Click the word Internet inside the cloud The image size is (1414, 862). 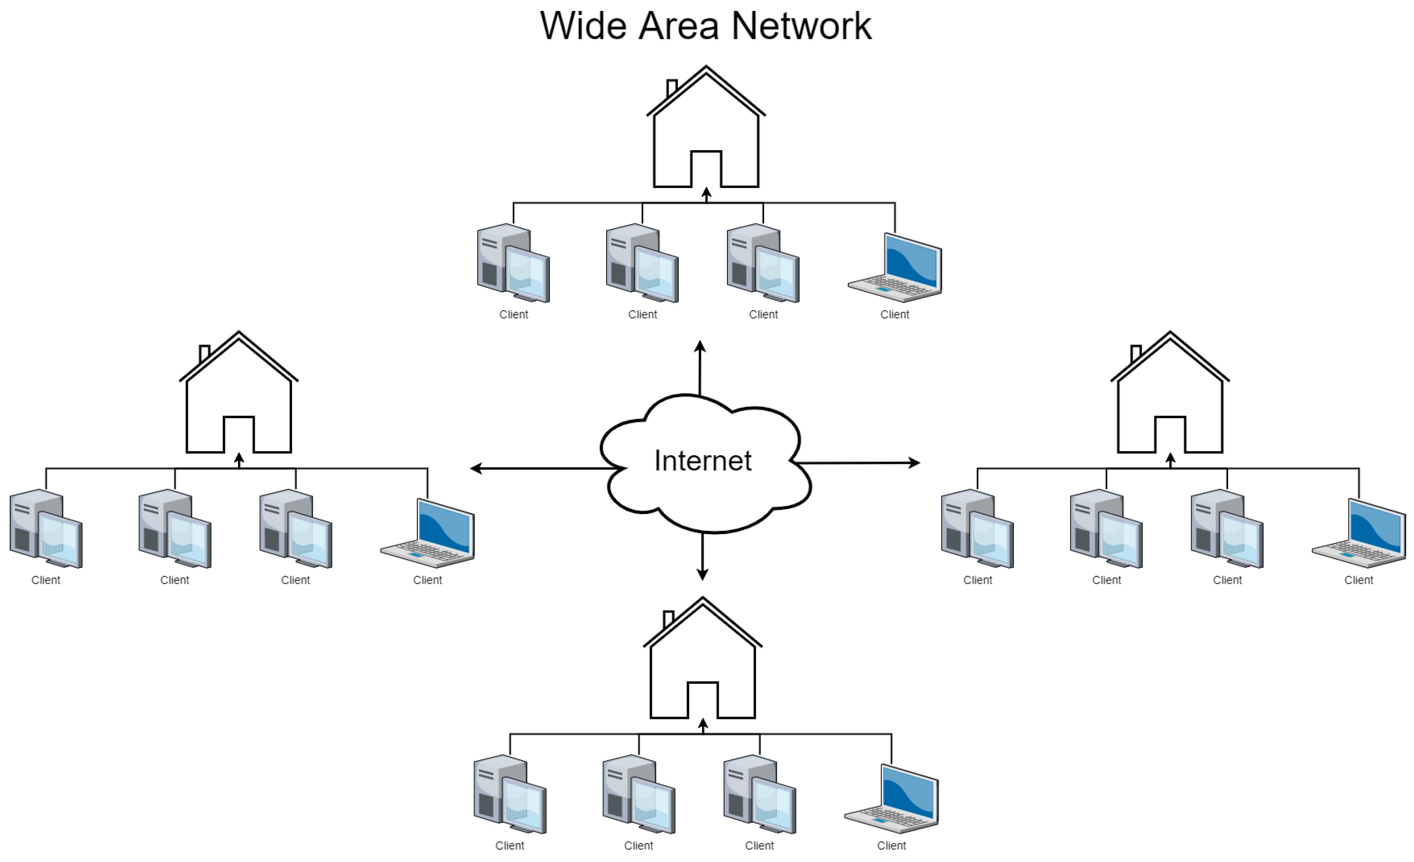(702, 460)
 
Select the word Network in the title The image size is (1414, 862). (801, 26)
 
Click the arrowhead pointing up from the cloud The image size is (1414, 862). (700, 346)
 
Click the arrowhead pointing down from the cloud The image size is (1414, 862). (702, 574)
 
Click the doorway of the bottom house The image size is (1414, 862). (702, 700)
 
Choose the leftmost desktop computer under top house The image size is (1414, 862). (513, 264)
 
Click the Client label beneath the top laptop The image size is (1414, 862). (895, 314)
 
